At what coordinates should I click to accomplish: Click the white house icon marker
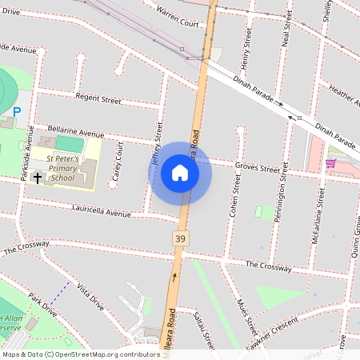180,173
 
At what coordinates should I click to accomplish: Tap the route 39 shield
182,238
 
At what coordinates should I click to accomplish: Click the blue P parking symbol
16,113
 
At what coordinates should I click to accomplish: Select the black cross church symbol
37,177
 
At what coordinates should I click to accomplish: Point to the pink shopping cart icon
330,162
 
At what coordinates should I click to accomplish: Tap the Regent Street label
98,100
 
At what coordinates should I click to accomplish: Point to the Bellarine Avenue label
77,134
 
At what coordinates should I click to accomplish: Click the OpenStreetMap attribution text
80,354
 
